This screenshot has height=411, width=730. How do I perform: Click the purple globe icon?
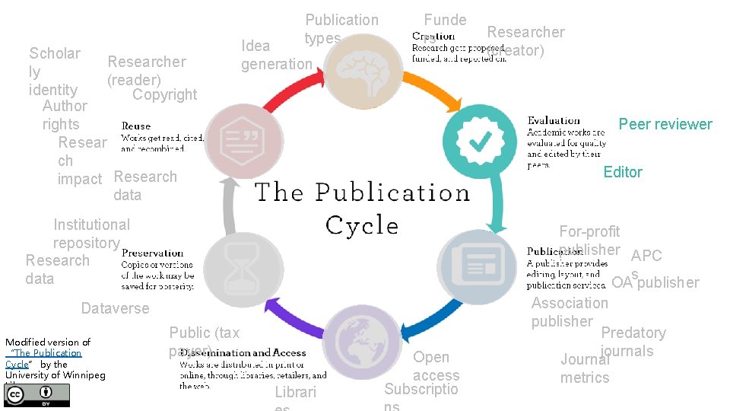pos(362,341)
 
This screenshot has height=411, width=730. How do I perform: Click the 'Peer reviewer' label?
pos(665,124)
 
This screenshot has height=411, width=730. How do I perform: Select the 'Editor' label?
pos(623,172)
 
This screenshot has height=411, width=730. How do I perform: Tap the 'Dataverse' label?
pos(115,308)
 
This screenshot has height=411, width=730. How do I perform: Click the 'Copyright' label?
pos(164,94)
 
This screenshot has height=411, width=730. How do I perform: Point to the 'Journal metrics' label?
pos(585,368)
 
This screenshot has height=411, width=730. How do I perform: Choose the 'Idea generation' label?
pos(275,55)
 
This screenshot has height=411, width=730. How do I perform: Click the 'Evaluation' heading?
pos(554,120)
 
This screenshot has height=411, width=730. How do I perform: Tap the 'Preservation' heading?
pos(152,253)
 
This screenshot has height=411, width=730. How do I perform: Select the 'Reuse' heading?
pos(136,126)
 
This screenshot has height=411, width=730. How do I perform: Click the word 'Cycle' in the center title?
pos(361,225)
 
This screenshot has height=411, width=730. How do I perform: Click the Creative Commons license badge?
pos(37,394)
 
